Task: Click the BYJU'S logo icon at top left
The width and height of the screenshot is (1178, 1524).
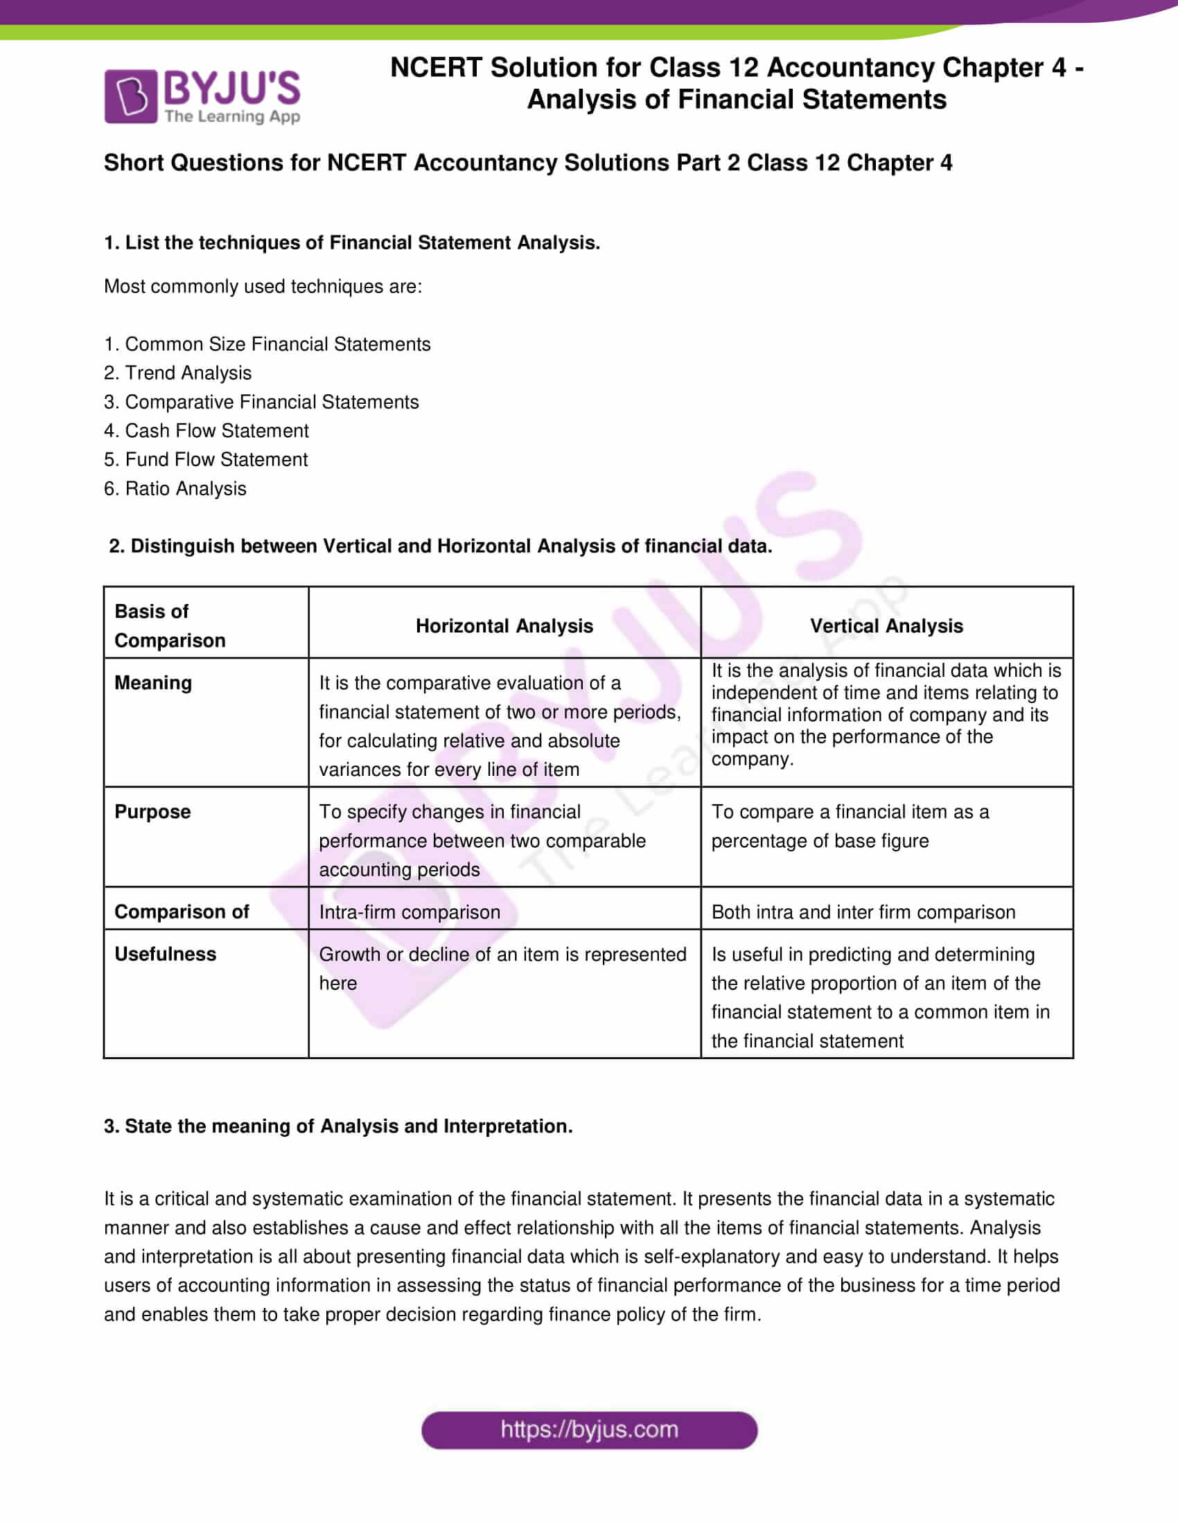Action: [130, 96]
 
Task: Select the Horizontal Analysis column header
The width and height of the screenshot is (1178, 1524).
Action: [504, 626]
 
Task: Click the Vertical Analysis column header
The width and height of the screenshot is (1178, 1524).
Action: [886, 626]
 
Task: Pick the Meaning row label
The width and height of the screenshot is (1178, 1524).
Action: [153, 682]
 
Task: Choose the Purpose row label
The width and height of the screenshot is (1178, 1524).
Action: [152, 812]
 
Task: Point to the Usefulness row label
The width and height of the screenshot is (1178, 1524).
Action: [165, 954]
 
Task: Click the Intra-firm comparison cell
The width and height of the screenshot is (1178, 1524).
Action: [409, 912]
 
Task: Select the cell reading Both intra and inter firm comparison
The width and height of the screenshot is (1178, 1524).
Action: [863, 912]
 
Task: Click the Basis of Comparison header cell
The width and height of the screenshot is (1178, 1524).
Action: [170, 626]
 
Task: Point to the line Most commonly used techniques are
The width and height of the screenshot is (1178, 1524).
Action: [263, 286]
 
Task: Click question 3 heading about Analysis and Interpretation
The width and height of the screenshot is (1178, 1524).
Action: [337, 1126]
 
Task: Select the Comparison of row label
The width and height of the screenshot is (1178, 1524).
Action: [182, 912]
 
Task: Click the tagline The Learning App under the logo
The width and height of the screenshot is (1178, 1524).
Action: [232, 116]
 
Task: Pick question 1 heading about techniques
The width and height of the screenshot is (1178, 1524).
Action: [352, 242]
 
